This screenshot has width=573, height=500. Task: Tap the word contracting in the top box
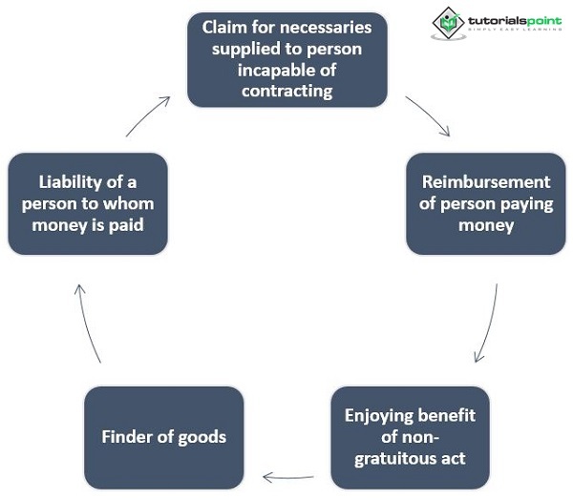point(286,92)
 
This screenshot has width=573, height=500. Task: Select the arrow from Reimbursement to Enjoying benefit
point(488,323)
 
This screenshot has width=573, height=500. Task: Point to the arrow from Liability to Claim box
point(149,114)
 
